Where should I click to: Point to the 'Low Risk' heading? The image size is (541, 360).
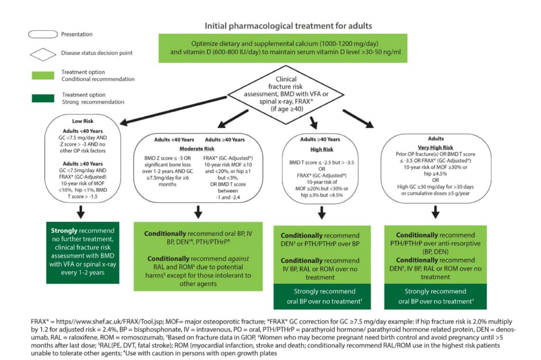point(83,121)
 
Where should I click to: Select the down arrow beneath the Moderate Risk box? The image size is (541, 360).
point(199,211)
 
